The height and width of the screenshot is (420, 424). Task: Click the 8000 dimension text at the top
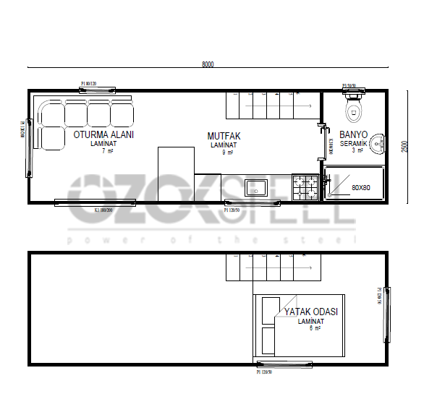(208, 64)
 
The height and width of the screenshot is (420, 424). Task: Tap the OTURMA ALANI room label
(103, 134)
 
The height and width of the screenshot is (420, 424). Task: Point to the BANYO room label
(355, 134)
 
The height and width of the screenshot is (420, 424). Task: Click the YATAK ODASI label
(311, 312)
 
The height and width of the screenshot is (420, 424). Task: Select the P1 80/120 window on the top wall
(97, 90)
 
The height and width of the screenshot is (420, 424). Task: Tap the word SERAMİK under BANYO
(355, 143)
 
